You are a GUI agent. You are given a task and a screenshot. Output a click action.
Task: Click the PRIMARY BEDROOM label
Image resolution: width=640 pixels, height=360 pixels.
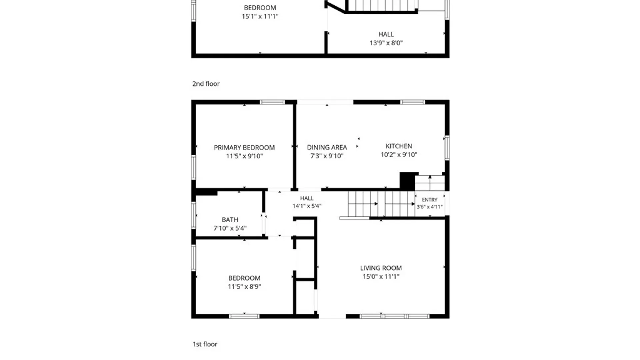[x=244, y=147]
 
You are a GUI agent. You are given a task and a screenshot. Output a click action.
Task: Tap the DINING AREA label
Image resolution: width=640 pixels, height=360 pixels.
[x=327, y=147]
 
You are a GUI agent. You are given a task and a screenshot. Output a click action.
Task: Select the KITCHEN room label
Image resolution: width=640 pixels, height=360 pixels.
[x=399, y=146]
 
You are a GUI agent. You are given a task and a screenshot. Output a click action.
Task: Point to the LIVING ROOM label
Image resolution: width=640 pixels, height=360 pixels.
[x=381, y=268]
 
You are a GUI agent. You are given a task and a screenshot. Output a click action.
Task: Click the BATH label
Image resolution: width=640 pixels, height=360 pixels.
[x=230, y=220]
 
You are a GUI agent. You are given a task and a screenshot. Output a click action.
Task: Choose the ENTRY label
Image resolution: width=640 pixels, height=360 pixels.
[x=429, y=200]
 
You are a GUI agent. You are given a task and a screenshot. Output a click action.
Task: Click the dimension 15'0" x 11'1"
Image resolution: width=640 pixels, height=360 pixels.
[x=381, y=276]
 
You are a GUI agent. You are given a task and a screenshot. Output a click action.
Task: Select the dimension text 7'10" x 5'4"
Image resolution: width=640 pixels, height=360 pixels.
[x=230, y=228]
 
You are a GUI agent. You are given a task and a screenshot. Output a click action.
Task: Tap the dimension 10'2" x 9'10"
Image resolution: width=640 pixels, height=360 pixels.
[x=399, y=155]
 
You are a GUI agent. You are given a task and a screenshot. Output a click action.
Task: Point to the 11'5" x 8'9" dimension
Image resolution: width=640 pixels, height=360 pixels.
[x=244, y=287]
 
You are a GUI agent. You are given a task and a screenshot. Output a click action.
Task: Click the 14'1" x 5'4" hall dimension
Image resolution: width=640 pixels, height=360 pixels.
[x=307, y=206]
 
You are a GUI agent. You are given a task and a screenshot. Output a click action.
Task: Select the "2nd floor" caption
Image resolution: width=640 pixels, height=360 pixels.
[x=206, y=84]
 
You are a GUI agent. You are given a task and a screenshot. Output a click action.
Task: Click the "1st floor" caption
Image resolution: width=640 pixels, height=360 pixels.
[x=205, y=344]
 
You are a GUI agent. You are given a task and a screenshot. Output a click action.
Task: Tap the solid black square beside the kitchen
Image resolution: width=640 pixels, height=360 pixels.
[x=409, y=181]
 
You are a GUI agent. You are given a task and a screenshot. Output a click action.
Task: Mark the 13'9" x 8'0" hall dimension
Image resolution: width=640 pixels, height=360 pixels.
[x=386, y=43]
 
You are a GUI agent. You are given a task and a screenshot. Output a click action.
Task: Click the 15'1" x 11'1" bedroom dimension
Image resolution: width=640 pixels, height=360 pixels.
[x=260, y=16]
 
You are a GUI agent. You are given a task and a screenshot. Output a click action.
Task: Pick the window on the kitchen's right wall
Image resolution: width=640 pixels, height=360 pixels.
[x=447, y=148]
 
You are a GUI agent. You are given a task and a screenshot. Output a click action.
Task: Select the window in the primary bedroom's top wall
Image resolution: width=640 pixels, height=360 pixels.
[x=272, y=102]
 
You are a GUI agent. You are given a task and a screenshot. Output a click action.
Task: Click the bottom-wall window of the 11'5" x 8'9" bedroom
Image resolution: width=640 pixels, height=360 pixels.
[x=244, y=316]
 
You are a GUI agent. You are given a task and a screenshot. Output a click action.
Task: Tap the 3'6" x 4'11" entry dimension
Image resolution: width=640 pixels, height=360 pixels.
[x=429, y=207]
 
